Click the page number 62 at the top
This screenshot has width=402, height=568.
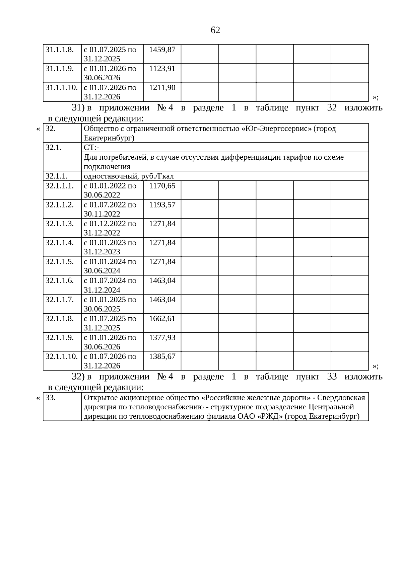tap(215, 30)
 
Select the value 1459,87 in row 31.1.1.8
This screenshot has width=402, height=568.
tap(162, 50)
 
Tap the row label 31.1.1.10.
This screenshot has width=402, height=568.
tap(62, 87)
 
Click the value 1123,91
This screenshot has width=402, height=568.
tap(162, 69)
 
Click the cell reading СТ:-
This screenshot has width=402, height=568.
tap(91, 148)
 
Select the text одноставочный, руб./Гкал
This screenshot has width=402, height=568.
tap(129, 176)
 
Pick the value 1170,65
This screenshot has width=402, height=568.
tap(162, 186)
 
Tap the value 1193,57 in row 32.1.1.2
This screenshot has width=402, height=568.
tap(162, 205)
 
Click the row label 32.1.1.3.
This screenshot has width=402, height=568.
tap(60, 224)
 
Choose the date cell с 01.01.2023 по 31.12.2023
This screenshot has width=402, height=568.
tap(110, 247)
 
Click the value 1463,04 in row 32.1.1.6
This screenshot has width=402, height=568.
tap(162, 280)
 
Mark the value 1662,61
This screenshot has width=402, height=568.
tap(162, 318)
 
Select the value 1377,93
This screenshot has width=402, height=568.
tap(162, 337)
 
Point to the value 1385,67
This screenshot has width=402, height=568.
tap(162, 356)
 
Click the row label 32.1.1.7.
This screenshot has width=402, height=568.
tap(60, 300)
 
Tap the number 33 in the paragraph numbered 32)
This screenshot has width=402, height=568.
tap(332, 377)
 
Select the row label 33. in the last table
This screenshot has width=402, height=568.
tap(50, 398)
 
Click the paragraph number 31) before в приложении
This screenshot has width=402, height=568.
tap(77, 108)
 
